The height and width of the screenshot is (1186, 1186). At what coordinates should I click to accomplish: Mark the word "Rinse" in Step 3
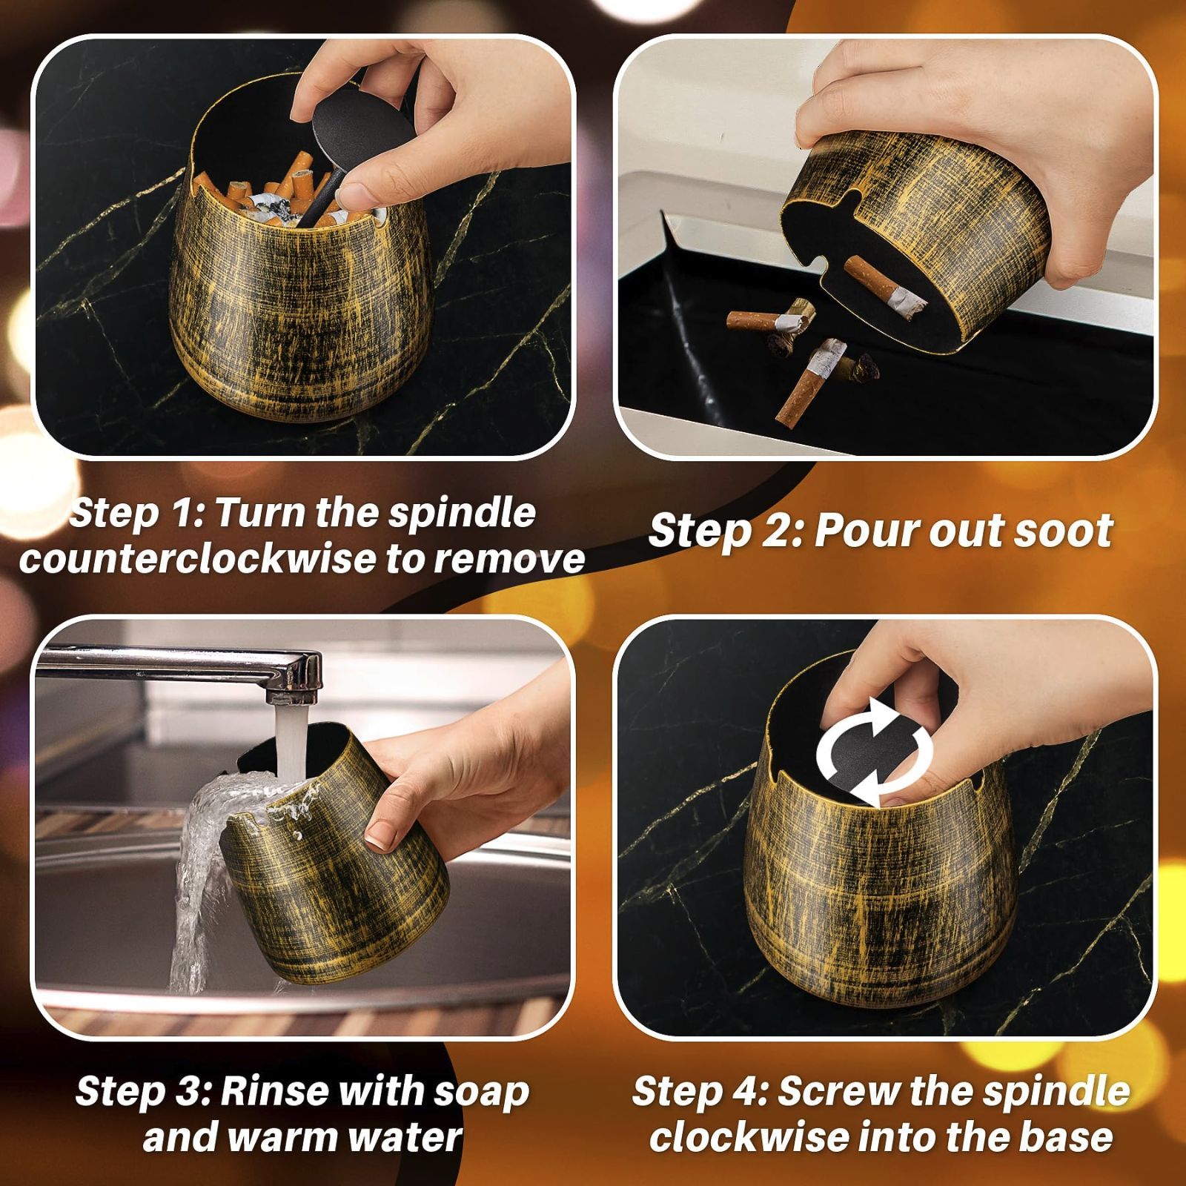click(x=273, y=1092)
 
